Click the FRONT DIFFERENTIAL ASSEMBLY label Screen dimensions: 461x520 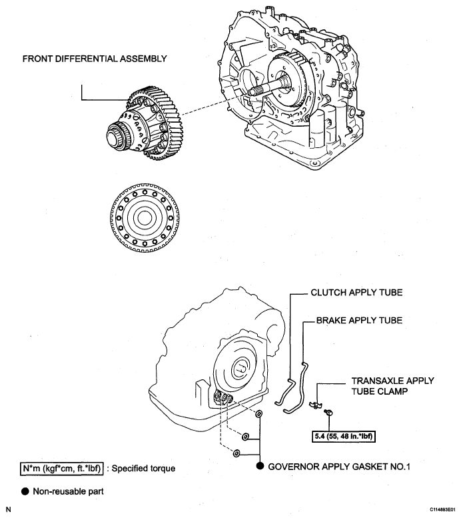tap(95, 59)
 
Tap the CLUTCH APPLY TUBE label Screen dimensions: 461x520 tap(356, 293)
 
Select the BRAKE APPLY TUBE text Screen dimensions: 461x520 tap(359, 321)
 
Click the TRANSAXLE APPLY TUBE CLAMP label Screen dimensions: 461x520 tap(393, 386)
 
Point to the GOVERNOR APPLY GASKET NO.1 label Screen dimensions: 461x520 tap(339, 467)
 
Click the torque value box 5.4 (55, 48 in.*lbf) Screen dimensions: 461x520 tap(344, 436)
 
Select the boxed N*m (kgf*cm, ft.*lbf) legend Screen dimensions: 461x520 tap(62, 469)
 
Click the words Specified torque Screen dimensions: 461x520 tap(143, 469)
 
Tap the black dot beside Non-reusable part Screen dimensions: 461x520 tap(25, 491)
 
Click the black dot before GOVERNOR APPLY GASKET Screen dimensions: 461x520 tap(260, 466)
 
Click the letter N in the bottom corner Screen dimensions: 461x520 tap(9, 510)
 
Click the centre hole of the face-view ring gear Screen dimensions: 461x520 tap(145, 217)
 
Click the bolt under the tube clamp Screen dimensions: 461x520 tap(329, 412)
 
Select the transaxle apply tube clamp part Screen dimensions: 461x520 tap(316, 404)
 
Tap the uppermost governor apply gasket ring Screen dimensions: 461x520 tap(259, 413)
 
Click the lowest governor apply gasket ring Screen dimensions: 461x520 tap(236, 453)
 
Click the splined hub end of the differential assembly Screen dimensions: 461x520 tap(115, 136)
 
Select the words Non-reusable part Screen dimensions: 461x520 tap(68, 491)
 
